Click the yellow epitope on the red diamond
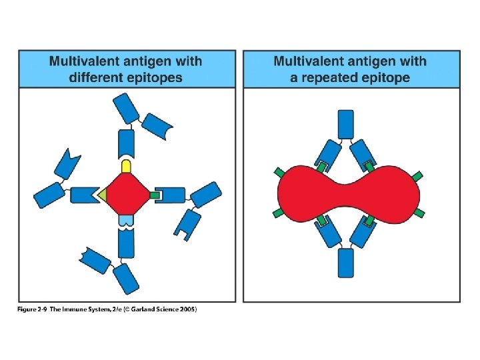coord(125,165)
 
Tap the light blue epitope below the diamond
coord(125,219)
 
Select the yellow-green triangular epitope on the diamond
coord(102,195)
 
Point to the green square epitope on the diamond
coord(155,195)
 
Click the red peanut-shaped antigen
coord(348,194)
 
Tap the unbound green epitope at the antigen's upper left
coord(278,173)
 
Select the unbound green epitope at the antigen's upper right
coord(418,175)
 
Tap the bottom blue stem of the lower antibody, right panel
coord(346,263)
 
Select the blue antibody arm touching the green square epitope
coord(173,195)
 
